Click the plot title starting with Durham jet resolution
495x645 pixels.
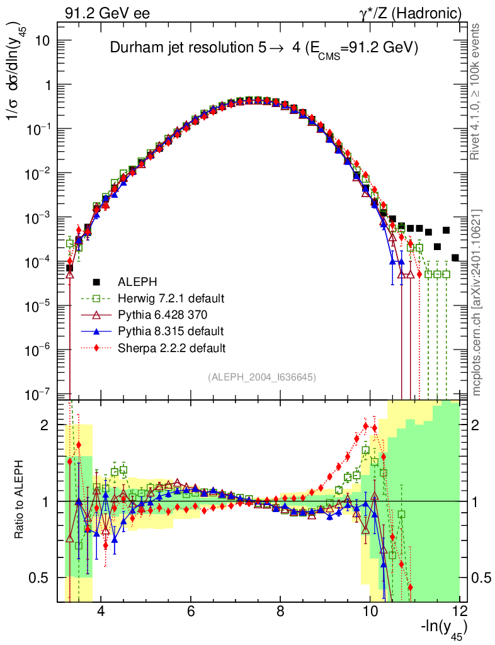265,48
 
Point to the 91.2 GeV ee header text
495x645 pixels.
108,13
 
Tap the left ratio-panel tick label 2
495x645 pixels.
45,425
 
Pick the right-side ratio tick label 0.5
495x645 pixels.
481,578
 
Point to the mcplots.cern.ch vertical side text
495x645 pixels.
476,302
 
